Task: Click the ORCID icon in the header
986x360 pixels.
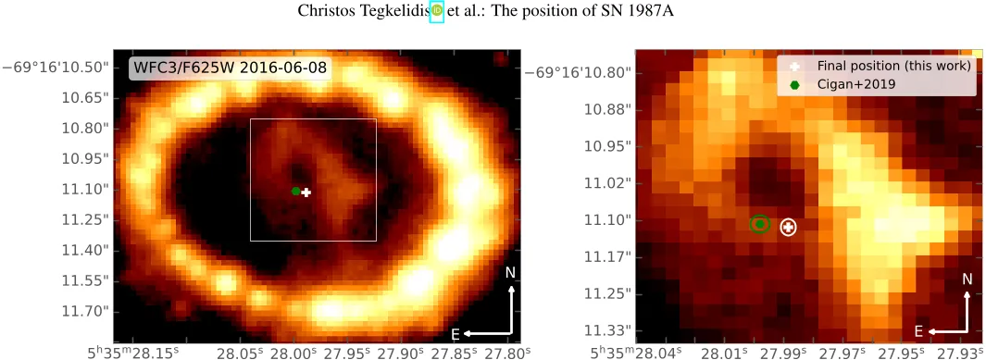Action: tap(437, 11)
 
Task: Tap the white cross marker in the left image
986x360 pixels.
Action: tap(306, 192)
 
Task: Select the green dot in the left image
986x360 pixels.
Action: tap(295, 191)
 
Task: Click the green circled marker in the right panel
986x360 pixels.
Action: tap(759, 223)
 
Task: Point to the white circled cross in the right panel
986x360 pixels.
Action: tap(788, 227)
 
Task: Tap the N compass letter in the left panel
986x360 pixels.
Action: tap(510, 272)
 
